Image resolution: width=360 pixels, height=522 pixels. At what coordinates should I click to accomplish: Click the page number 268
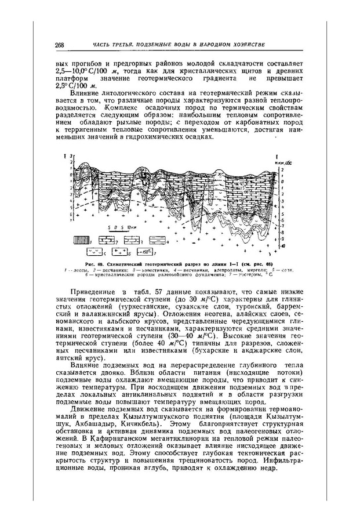59,45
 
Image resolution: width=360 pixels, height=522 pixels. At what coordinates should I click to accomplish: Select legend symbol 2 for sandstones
106,239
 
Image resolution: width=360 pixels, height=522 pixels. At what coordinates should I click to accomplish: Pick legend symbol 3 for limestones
132,239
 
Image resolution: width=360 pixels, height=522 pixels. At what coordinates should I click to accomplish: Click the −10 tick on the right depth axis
284,246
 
